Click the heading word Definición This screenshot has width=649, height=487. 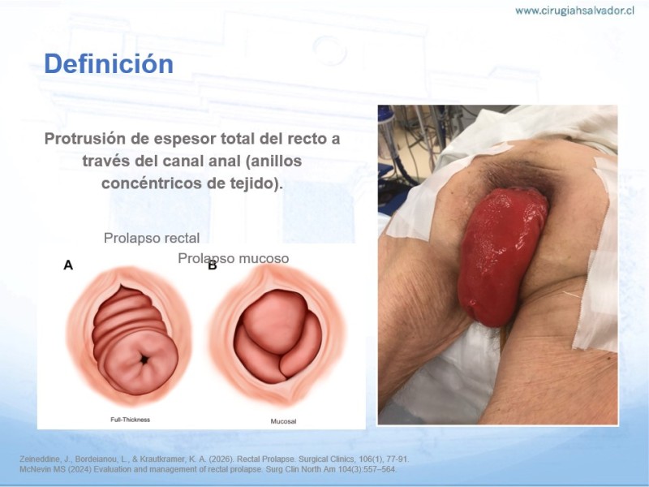click(x=109, y=64)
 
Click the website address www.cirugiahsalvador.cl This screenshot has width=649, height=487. click(x=574, y=11)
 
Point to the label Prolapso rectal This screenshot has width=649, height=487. click(x=152, y=238)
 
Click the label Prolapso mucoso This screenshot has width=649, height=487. click(x=234, y=258)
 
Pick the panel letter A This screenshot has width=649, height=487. click(x=68, y=265)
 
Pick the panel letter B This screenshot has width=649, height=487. click(x=213, y=265)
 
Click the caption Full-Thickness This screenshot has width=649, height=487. click(x=130, y=420)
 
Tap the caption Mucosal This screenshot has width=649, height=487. click(x=283, y=421)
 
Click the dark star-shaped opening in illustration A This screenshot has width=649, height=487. click(x=144, y=360)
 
